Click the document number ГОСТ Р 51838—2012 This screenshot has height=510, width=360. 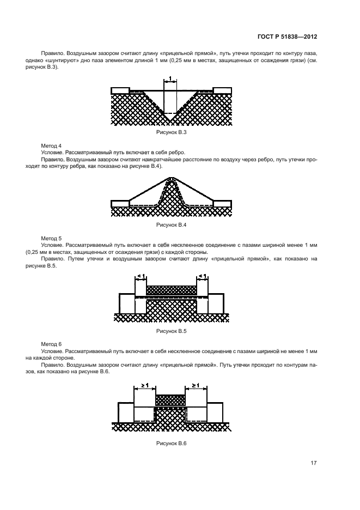[x=286, y=37]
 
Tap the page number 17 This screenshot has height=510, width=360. [x=314, y=463]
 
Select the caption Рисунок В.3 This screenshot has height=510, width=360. [x=172, y=132]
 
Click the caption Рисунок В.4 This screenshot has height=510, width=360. [x=172, y=224]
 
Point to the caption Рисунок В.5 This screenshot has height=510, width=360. [x=172, y=331]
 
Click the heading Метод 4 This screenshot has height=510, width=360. [x=52, y=146]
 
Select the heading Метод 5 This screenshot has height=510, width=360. [x=52, y=239]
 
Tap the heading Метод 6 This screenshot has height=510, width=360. [x=52, y=344]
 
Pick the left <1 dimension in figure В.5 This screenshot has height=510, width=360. [x=141, y=277]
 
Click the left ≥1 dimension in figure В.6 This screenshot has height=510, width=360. [x=144, y=386]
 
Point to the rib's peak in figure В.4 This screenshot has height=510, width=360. [x=172, y=178]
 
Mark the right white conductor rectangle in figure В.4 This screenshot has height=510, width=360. [x=222, y=204]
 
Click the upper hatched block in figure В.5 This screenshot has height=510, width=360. [x=172, y=290]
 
